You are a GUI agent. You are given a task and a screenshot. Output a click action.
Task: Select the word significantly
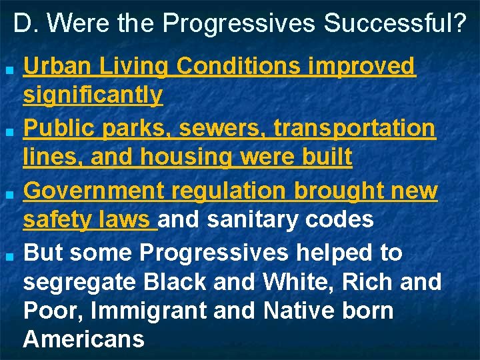point(93,95)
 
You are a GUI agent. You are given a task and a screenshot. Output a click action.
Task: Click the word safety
point(56,219)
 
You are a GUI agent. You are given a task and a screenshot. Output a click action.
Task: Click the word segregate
point(74,283)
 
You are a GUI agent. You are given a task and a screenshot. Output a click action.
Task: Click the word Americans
point(84,339)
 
